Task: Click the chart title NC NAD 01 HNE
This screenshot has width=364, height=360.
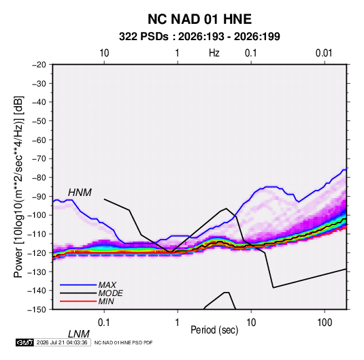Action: [199, 19]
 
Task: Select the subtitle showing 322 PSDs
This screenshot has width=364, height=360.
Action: [199, 37]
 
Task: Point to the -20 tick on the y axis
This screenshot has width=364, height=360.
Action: [39, 65]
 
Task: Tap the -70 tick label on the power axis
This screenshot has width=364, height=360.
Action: [39, 159]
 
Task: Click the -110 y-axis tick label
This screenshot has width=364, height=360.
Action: [37, 234]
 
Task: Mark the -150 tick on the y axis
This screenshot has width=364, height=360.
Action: [37, 310]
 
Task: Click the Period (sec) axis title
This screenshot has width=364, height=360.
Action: [214, 330]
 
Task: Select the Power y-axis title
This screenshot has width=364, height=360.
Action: [18, 186]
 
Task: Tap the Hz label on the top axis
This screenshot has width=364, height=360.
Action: [214, 53]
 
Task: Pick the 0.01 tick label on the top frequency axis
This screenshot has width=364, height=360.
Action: [324, 53]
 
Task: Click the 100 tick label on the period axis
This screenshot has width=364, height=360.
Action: [325, 323]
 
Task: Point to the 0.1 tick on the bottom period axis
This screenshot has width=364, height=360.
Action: [104, 323]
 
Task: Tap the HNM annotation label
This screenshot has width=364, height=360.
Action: [80, 193]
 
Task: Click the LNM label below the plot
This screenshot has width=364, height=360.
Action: [79, 334]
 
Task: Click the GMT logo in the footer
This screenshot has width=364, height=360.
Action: [24, 342]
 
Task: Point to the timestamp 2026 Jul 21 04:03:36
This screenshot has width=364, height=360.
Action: [62, 342]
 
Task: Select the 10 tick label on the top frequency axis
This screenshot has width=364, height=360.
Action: [104, 53]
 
